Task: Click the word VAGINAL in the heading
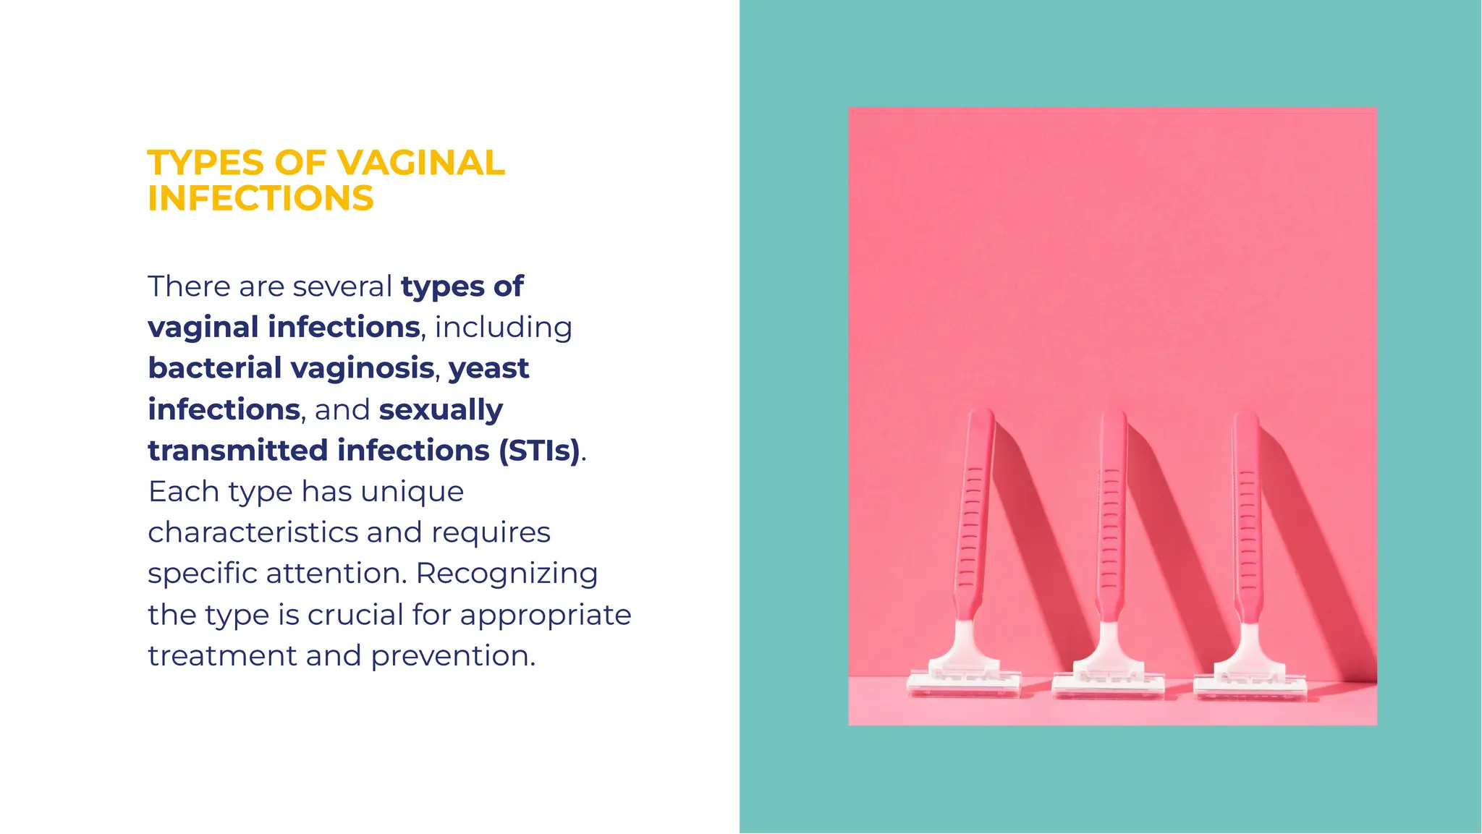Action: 420,163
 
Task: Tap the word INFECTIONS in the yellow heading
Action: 261,198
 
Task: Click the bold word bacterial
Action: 215,368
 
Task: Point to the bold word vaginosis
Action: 363,369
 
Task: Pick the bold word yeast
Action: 488,369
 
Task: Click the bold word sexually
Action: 441,410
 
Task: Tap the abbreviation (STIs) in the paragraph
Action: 539,451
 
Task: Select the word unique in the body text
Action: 412,492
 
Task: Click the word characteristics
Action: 253,532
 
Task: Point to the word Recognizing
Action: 507,574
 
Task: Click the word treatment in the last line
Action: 222,656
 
